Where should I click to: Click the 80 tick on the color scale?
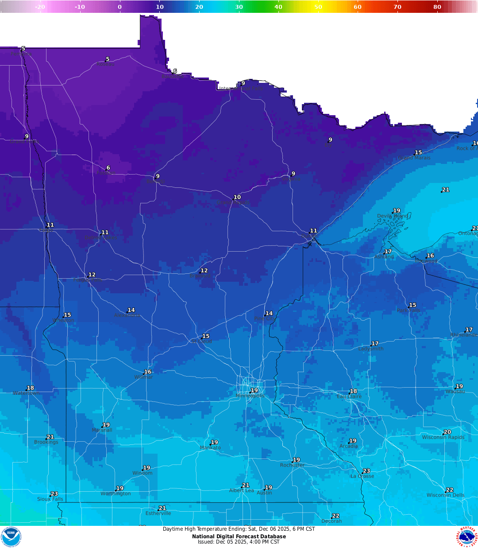tap(437, 7)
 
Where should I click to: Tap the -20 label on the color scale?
tap(40, 7)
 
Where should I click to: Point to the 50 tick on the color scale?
tap(318, 7)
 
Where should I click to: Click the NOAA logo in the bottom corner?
tap(11, 536)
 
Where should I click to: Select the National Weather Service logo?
tap(467, 536)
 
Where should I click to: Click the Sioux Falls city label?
tap(50, 499)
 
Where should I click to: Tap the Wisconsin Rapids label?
tap(443, 438)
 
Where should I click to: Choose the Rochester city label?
tap(292, 465)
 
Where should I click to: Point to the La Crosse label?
tap(362, 476)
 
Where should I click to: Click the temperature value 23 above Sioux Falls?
tap(54, 494)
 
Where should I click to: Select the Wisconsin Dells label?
tap(445, 495)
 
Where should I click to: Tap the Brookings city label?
tap(46, 443)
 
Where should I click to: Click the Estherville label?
tap(158, 513)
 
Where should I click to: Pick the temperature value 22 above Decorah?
tap(336, 516)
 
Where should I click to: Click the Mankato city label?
tap(210, 448)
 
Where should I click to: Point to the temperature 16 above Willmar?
tap(148, 372)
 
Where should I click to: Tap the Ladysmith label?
tap(371, 349)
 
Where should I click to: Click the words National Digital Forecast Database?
tap(239, 536)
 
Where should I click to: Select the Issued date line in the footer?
tap(239, 542)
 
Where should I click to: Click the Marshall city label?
tap(102, 430)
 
